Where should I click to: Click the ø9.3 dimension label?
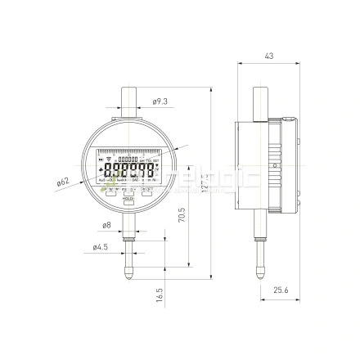pos(160,101)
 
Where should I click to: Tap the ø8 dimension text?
pos(107,224)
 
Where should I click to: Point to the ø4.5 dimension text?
pos(101,246)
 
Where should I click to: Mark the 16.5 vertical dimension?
pos(160,292)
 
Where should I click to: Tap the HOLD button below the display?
pos(128,199)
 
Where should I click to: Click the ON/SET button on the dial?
pos(148,189)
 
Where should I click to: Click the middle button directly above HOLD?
pos(128,189)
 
